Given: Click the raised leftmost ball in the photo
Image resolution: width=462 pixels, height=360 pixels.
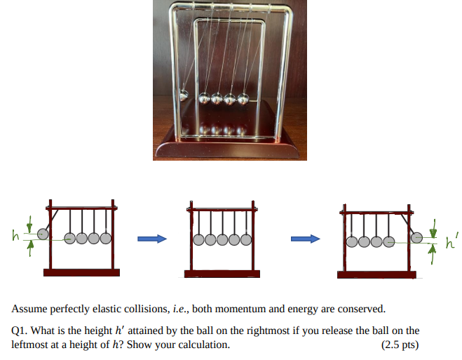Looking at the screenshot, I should click(x=183, y=94).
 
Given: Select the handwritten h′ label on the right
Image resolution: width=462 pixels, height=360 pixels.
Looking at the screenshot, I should click(x=451, y=244).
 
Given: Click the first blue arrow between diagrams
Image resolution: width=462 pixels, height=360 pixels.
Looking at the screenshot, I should click(x=151, y=239).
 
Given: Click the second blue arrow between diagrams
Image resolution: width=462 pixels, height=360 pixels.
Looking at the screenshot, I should click(x=306, y=239).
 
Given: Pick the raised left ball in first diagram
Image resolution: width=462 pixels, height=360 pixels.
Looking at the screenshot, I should click(x=43, y=234).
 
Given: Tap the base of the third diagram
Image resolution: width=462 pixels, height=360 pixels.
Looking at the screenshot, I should click(x=376, y=274).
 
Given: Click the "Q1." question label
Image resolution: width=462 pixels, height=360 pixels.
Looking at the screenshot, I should click(x=20, y=331).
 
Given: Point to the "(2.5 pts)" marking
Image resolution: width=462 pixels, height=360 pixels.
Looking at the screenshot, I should click(x=400, y=345).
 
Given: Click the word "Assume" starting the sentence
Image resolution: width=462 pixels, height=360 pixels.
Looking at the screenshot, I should click(x=28, y=309).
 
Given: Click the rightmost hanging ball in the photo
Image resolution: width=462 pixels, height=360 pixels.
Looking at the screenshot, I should click(x=244, y=98).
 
